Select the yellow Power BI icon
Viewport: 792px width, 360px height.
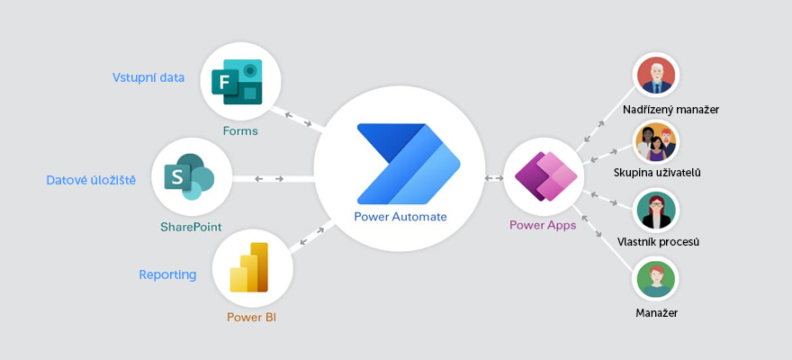(250, 268)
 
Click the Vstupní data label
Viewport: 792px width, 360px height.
(148, 77)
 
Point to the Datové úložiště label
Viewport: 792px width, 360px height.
(91, 181)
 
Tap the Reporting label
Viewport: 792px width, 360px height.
(167, 274)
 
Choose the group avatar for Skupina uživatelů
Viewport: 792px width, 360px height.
(656, 141)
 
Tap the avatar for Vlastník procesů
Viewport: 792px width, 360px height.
(656, 211)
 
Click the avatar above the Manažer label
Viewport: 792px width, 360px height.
(656, 280)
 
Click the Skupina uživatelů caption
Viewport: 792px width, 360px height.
(657, 172)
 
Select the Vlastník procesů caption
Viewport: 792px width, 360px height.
(658, 242)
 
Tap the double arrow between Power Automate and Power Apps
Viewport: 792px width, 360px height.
(493, 178)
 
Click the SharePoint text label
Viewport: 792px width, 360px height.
(191, 227)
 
